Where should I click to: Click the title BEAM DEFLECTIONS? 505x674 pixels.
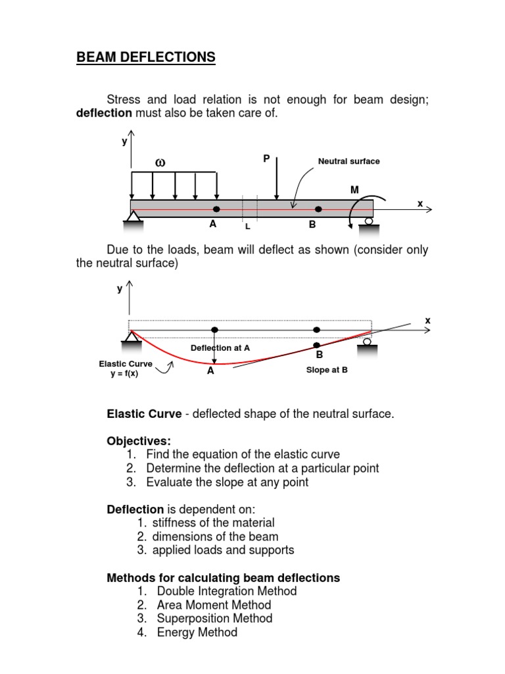(x=146, y=58)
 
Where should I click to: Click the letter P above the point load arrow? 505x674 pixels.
(x=266, y=159)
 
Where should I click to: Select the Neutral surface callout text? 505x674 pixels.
(x=349, y=161)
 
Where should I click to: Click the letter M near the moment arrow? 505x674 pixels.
(x=354, y=190)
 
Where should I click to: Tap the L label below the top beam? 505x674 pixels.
(x=247, y=226)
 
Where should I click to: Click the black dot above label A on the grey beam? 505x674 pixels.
(x=216, y=209)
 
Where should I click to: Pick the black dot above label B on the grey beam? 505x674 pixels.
(x=318, y=209)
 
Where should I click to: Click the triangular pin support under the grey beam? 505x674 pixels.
(x=134, y=217)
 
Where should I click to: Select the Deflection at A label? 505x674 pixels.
(x=220, y=348)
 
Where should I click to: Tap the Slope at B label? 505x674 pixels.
(x=327, y=370)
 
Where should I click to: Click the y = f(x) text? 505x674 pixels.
(x=125, y=375)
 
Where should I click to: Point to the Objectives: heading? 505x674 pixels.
(x=138, y=440)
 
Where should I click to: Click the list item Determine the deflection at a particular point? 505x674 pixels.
(x=262, y=468)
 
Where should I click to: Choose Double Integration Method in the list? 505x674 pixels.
(x=227, y=591)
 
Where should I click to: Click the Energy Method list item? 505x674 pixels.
(x=197, y=633)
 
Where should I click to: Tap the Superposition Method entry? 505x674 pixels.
(x=214, y=619)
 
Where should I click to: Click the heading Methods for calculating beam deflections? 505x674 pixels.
(x=224, y=578)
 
